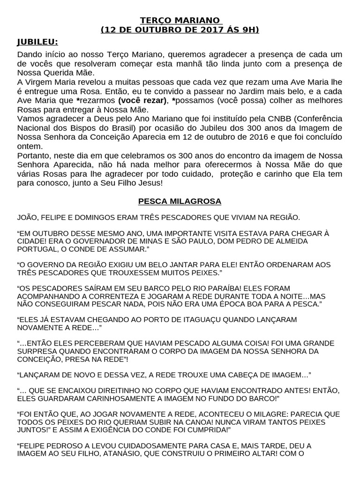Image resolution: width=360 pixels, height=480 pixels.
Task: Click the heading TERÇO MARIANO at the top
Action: pyautogui.click(x=180, y=21)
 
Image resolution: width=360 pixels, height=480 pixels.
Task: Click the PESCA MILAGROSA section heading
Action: pyautogui.click(x=180, y=201)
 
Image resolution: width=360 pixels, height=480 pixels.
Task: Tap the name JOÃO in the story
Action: pyautogui.click(x=27, y=218)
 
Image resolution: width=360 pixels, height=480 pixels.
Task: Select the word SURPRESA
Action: pyautogui.click(x=37, y=351)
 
